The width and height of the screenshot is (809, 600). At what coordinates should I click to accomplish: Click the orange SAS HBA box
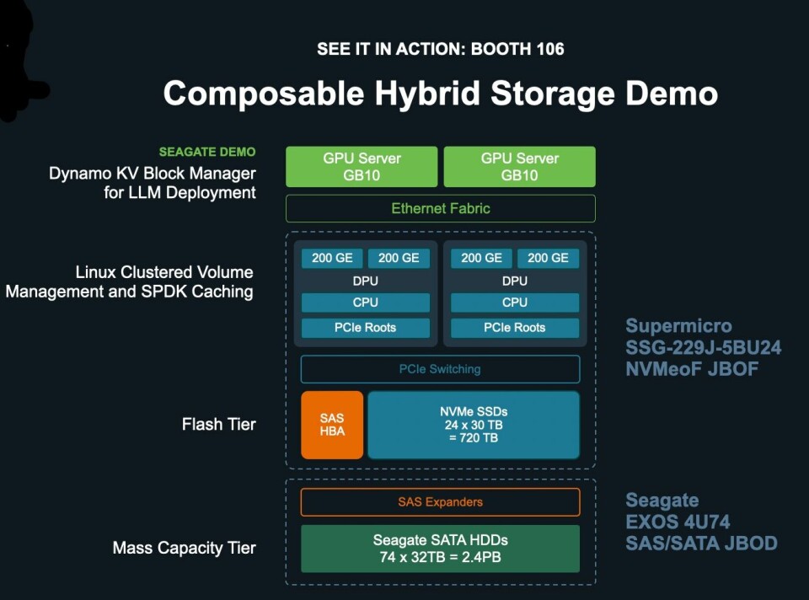(x=332, y=425)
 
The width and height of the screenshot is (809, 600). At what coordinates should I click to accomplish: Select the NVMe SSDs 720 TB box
(x=474, y=425)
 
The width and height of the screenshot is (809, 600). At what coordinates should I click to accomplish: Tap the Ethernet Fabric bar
(x=440, y=208)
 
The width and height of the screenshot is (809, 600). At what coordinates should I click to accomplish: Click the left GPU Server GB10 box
(x=362, y=167)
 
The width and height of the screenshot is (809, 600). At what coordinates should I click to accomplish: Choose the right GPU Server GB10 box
(x=519, y=167)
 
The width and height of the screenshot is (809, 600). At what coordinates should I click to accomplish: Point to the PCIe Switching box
(x=440, y=369)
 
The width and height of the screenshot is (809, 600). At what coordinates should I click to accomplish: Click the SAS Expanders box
(x=440, y=502)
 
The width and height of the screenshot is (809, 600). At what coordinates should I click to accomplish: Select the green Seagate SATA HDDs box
(x=440, y=548)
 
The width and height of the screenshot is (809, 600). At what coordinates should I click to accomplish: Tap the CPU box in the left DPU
(x=365, y=303)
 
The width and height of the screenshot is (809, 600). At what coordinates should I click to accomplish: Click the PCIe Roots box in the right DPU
(x=514, y=328)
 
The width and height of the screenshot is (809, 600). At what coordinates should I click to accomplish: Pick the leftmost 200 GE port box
(x=332, y=258)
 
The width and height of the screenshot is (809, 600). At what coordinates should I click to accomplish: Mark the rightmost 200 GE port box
(x=548, y=258)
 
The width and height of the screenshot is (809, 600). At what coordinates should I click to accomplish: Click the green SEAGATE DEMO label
(x=207, y=153)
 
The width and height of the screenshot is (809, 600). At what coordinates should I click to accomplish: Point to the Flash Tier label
(x=218, y=424)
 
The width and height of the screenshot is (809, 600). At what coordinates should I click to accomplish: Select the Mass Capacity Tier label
(x=184, y=548)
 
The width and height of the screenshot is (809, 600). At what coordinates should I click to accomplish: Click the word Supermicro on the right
(x=678, y=326)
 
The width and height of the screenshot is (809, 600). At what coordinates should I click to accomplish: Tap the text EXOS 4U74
(x=678, y=522)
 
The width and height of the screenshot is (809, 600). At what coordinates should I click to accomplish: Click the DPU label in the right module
(x=514, y=281)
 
